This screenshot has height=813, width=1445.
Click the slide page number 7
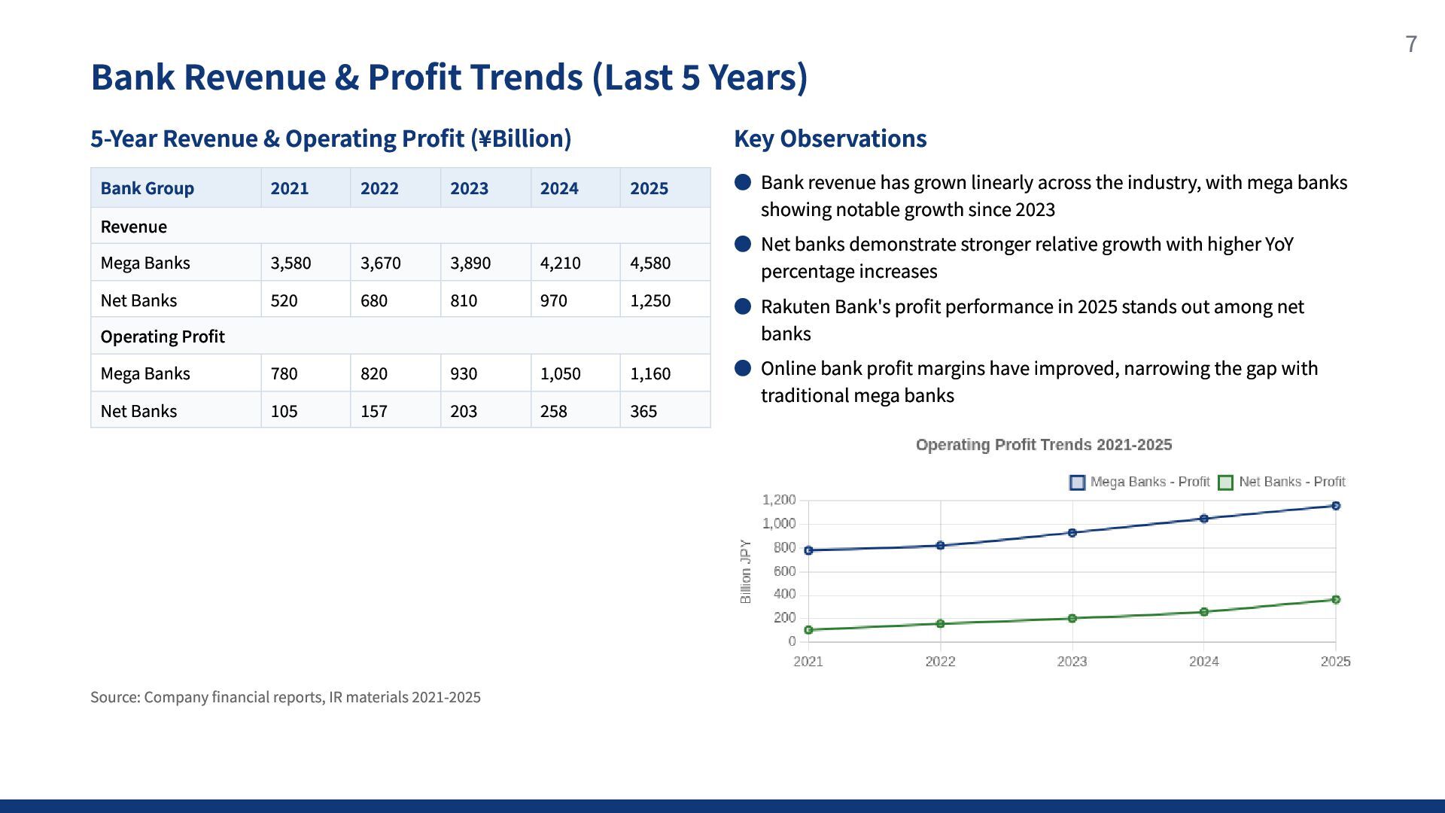pyautogui.click(x=1411, y=44)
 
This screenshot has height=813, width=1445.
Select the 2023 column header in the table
pyautogui.click(x=469, y=188)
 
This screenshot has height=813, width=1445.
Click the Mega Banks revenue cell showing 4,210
pyautogui.click(x=560, y=263)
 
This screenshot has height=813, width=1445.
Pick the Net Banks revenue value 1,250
pyautogui.click(x=650, y=300)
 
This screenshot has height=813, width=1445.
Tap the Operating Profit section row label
pyautogui.click(x=163, y=336)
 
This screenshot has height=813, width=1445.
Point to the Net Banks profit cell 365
pyautogui.click(x=643, y=411)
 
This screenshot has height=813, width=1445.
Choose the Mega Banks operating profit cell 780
pyautogui.click(x=284, y=373)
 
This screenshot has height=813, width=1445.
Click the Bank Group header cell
pyautogui.click(x=148, y=188)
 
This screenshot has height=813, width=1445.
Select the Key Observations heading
pyautogui.click(x=830, y=139)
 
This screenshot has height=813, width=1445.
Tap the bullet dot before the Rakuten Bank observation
pyautogui.click(x=743, y=306)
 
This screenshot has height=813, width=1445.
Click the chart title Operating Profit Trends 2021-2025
pyautogui.click(x=1044, y=445)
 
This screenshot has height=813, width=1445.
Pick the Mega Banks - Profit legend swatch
pyautogui.click(x=1077, y=483)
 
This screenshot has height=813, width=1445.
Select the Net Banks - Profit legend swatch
pyautogui.click(x=1225, y=483)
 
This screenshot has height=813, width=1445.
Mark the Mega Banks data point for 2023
pyautogui.click(x=1072, y=533)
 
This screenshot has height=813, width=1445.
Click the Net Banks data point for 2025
pyautogui.click(x=1336, y=600)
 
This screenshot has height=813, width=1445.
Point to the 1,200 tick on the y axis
pyautogui.click(x=779, y=500)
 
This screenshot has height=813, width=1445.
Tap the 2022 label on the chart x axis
pyautogui.click(x=940, y=662)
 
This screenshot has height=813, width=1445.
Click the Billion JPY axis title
pyautogui.click(x=746, y=571)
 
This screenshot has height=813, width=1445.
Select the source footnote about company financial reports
pyautogui.click(x=285, y=697)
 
